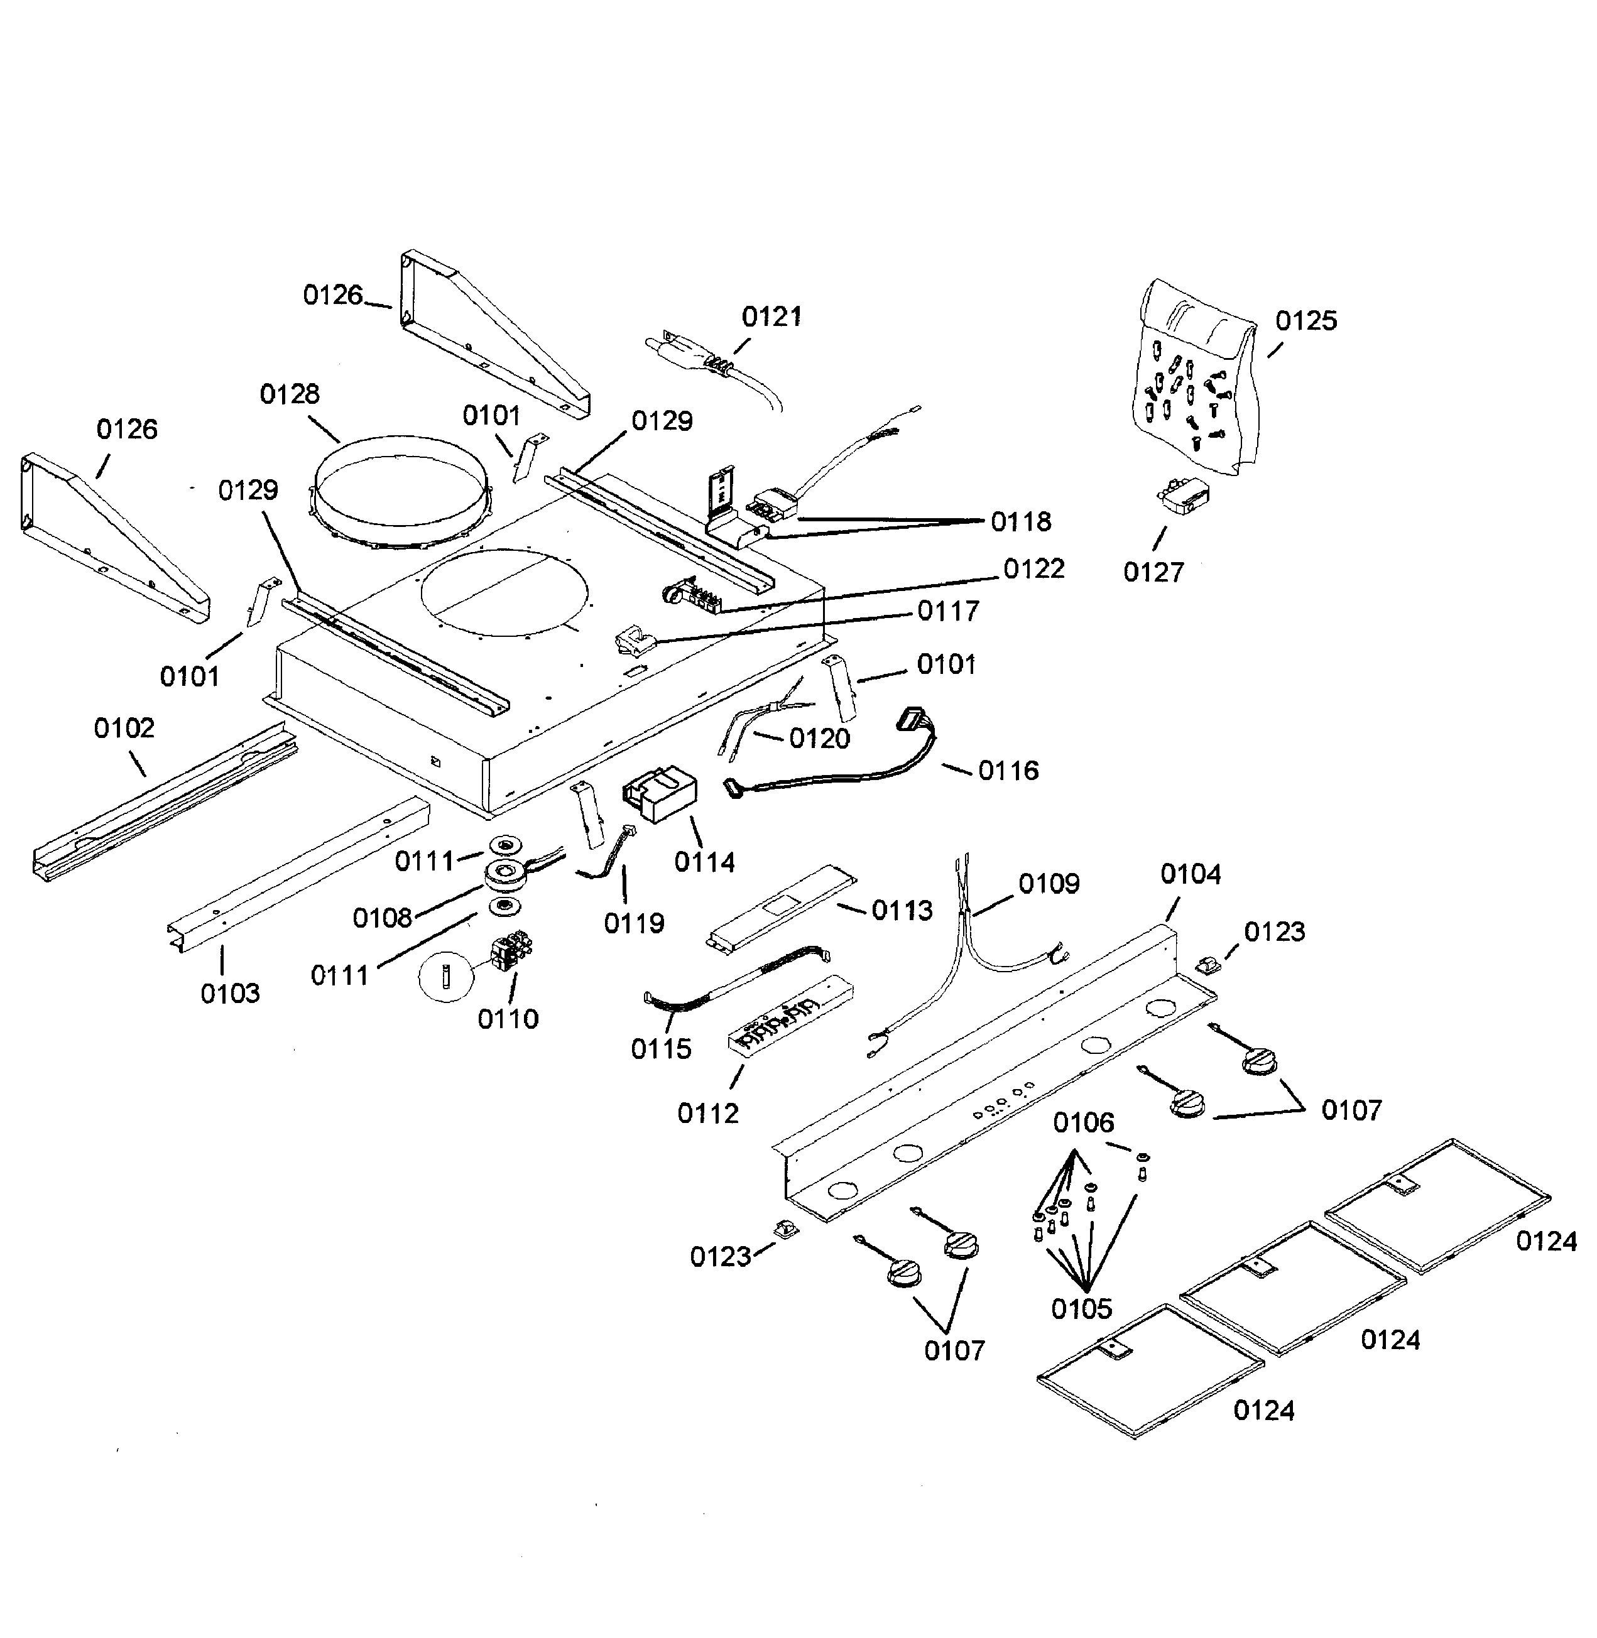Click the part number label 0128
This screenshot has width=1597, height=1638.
[290, 394]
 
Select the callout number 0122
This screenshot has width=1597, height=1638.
[1033, 568]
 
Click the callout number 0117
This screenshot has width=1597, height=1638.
[948, 611]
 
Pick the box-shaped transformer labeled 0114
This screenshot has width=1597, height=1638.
[658, 795]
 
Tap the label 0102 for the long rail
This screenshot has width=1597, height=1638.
[124, 728]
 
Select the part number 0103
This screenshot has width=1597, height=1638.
[230, 993]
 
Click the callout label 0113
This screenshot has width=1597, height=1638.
[902, 910]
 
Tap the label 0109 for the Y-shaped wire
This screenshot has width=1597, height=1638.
[1049, 883]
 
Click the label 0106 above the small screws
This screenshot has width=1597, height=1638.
[1084, 1122]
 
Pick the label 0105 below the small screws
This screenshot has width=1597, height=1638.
[1081, 1308]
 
